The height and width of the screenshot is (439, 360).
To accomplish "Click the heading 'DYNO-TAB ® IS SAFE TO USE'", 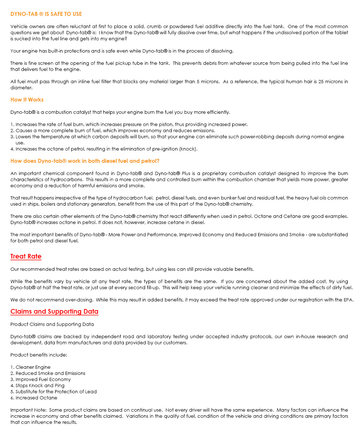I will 46,14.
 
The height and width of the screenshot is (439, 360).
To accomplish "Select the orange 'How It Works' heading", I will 27,100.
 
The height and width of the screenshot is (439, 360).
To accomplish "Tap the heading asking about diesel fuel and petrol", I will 85,161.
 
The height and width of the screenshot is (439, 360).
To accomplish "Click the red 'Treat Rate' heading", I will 26,256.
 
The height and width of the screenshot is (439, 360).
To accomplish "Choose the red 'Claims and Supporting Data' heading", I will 54,312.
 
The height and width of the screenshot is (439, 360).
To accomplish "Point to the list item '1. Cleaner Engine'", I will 31,367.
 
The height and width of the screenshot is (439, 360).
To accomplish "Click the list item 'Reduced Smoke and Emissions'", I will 50,373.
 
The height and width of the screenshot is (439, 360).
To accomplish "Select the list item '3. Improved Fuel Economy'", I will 41,380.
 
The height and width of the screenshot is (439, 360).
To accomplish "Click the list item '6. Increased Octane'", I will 34,398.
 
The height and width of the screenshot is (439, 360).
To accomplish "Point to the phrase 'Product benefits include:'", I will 39,355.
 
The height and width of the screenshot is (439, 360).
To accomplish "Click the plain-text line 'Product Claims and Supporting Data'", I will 52,324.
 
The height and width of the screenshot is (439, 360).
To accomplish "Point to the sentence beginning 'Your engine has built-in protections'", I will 122,51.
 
